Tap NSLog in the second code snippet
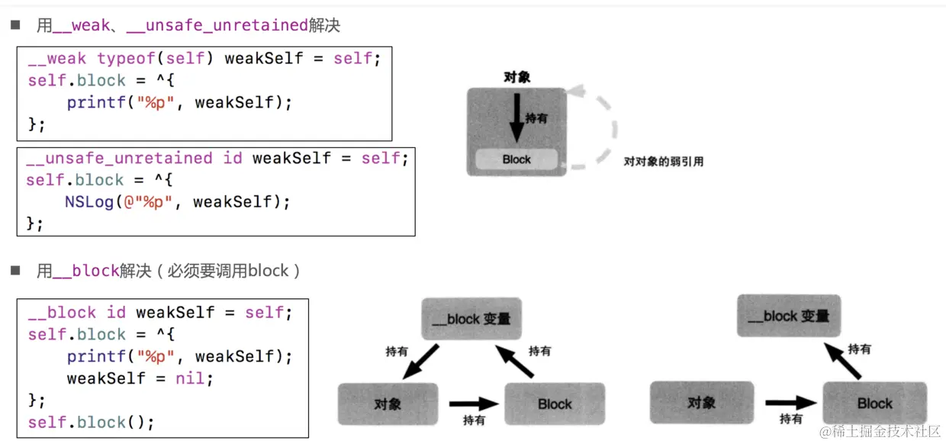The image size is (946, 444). (89, 202)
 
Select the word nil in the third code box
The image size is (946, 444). (190, 378)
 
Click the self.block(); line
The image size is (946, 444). (91, 422)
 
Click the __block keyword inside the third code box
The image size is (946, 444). (62, 313)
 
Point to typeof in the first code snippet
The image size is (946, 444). (124, 59)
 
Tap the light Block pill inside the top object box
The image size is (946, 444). (516, 159)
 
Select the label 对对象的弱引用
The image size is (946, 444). (663, 162)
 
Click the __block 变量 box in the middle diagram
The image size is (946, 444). (471, 319)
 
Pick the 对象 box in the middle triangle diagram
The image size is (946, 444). (388, 404)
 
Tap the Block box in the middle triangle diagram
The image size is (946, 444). (554, 404)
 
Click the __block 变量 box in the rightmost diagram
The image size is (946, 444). (788, 316)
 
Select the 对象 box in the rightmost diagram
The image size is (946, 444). (700, 403)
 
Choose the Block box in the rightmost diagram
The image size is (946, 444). (874, 403)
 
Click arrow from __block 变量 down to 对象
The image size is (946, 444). (420, 361)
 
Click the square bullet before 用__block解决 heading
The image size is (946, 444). (14, 271)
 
